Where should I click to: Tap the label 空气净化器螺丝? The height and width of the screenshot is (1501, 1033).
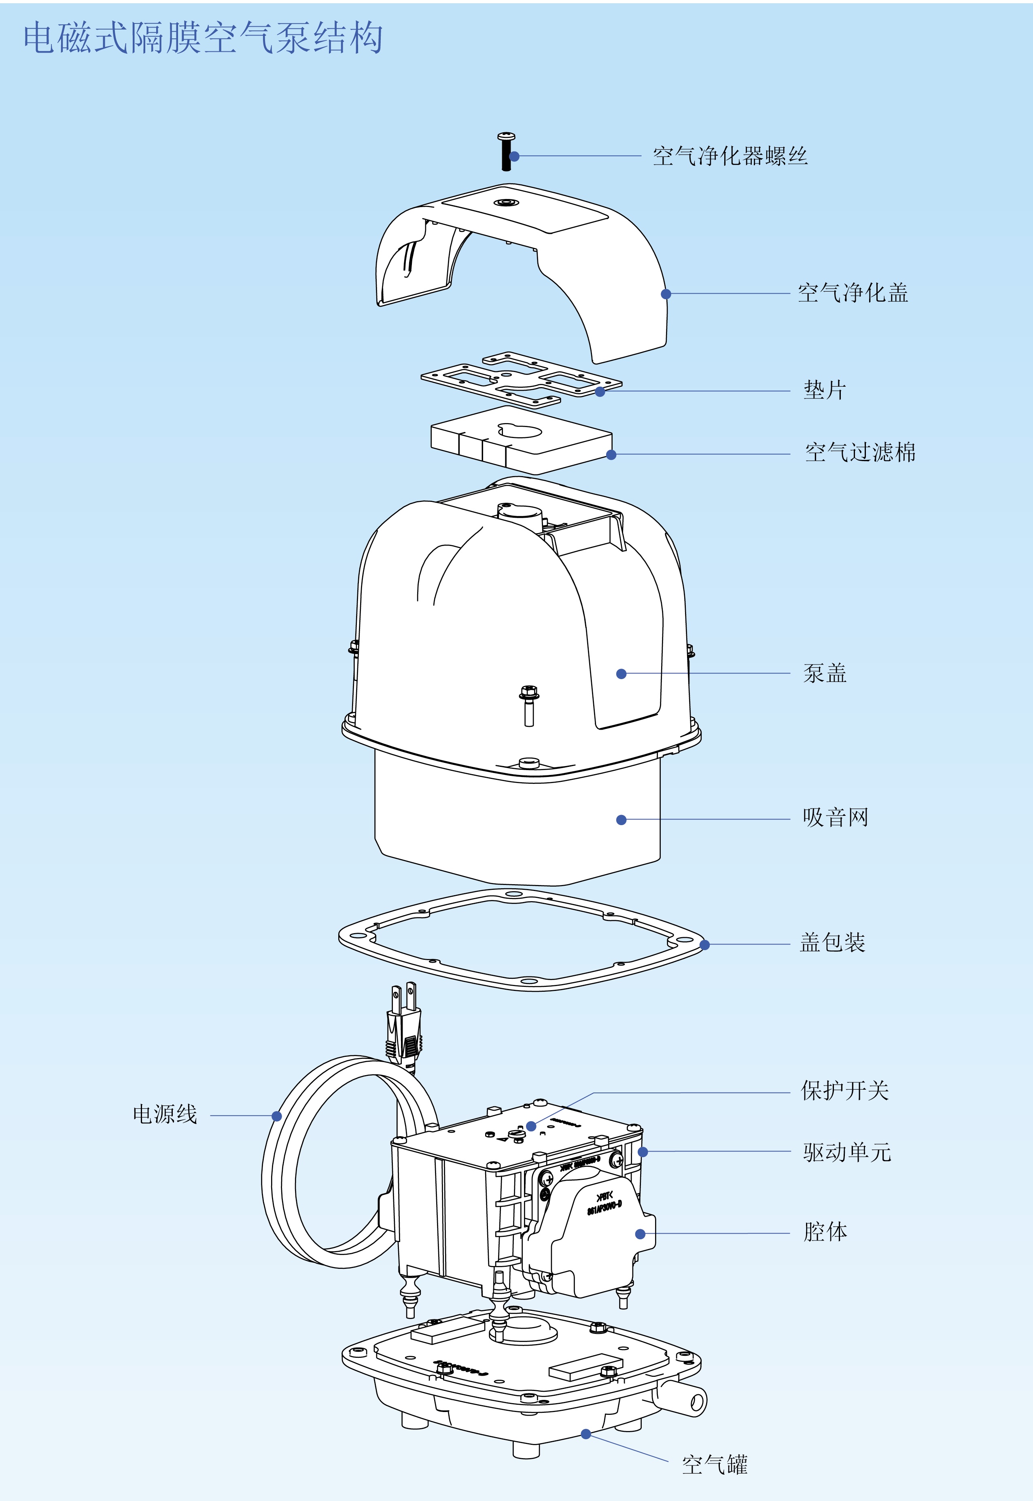click(730, 156)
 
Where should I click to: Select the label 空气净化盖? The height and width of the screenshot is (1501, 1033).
click(853, 293)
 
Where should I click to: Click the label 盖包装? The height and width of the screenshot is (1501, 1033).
click(832, 943)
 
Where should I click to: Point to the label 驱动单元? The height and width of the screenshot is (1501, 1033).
click(846, 1152)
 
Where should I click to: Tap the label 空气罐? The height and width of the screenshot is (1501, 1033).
click(715, 1465)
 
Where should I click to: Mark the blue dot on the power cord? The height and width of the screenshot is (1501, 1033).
click(276, 1116)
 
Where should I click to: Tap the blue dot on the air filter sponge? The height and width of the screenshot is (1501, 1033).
click(611, 455)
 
